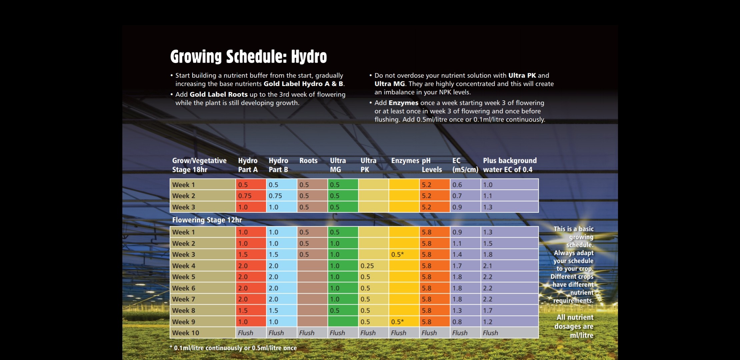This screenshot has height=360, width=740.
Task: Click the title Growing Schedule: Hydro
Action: pyautogui.click(x=248, y=56)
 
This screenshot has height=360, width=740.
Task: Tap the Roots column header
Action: pyautogui.click(x=308, y=161)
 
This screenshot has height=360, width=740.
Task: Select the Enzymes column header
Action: pyautogui.click(x=405, y=161)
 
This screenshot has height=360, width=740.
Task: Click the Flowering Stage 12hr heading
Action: pyautogui.click(x=207, y=220)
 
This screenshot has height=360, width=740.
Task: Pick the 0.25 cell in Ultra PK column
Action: pyautogui.click(x=367, y=266)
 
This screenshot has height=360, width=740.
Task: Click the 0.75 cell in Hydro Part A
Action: pyautogui.click(x=245, y=196)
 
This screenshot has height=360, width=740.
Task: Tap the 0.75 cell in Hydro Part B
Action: pyautogui.click(x=275, y=196)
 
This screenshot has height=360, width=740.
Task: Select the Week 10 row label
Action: pyautogui.click(x=185, y=333)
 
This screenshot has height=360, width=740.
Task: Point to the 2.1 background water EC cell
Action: pyautogui.click(x=488, y=266)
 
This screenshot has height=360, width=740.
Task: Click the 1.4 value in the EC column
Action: pyautogui.click(x=457, y=255)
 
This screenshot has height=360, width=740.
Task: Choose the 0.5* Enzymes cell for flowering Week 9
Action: pyautogui.click(x=397, y=322)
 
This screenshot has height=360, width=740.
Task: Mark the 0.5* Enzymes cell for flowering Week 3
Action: pyautogui.click(x=397, y=254)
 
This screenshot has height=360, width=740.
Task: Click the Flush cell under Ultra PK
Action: pyautogui.click(x=368, y=333)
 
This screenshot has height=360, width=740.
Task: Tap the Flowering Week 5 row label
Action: pyautogui.click(x=184, y=277)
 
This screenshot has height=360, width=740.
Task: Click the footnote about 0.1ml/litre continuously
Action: pyautogui.click(x=233, y=348)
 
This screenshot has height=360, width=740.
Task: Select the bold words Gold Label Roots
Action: pyautogui.click(x=219, y=94)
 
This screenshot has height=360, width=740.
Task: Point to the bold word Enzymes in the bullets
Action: pyautogui.click(x=403, y=103)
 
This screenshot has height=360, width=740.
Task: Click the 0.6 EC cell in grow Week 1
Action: pyautogui.click(x=457, y=185)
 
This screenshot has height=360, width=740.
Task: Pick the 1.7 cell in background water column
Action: pyautogui.click(x=488, y=311)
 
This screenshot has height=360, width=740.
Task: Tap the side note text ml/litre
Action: pyautogui.click(x=582, y=335)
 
